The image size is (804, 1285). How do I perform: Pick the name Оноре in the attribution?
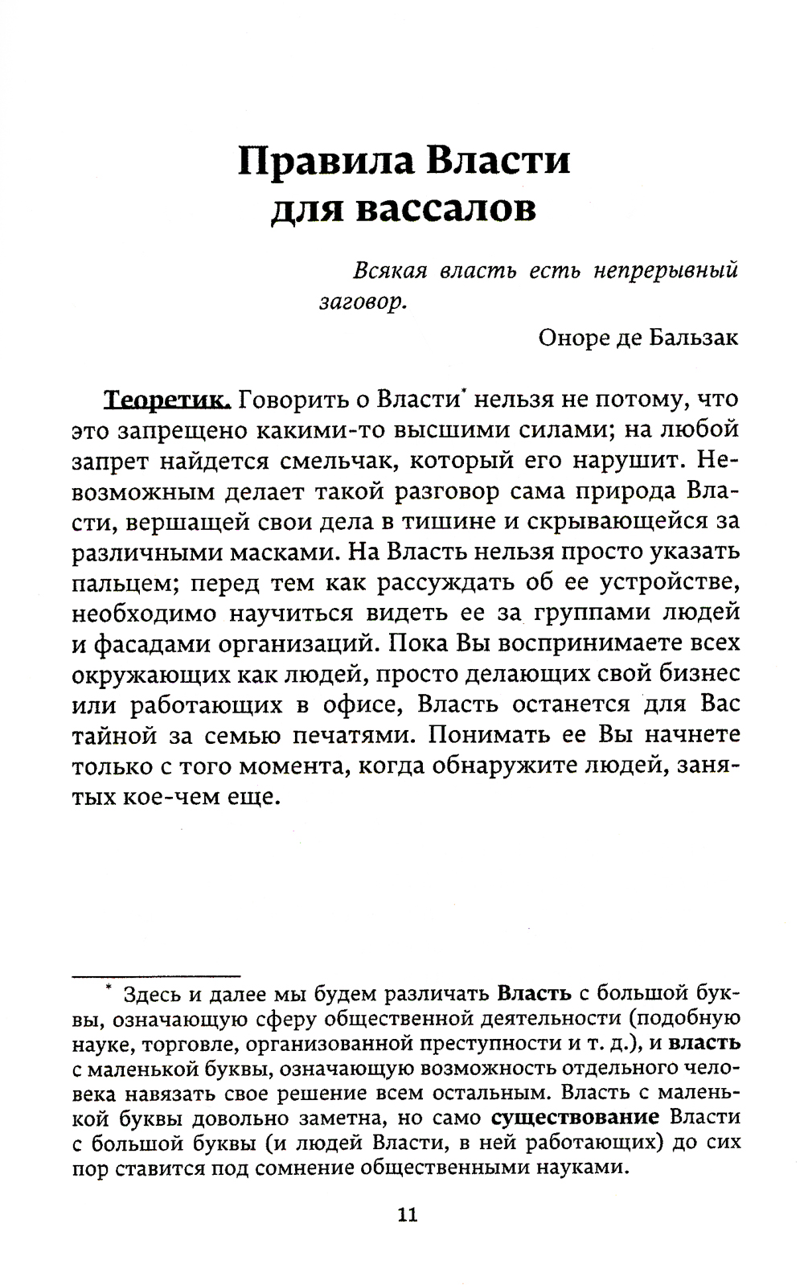[572, 337]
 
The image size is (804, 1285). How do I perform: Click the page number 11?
[408, 1213]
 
